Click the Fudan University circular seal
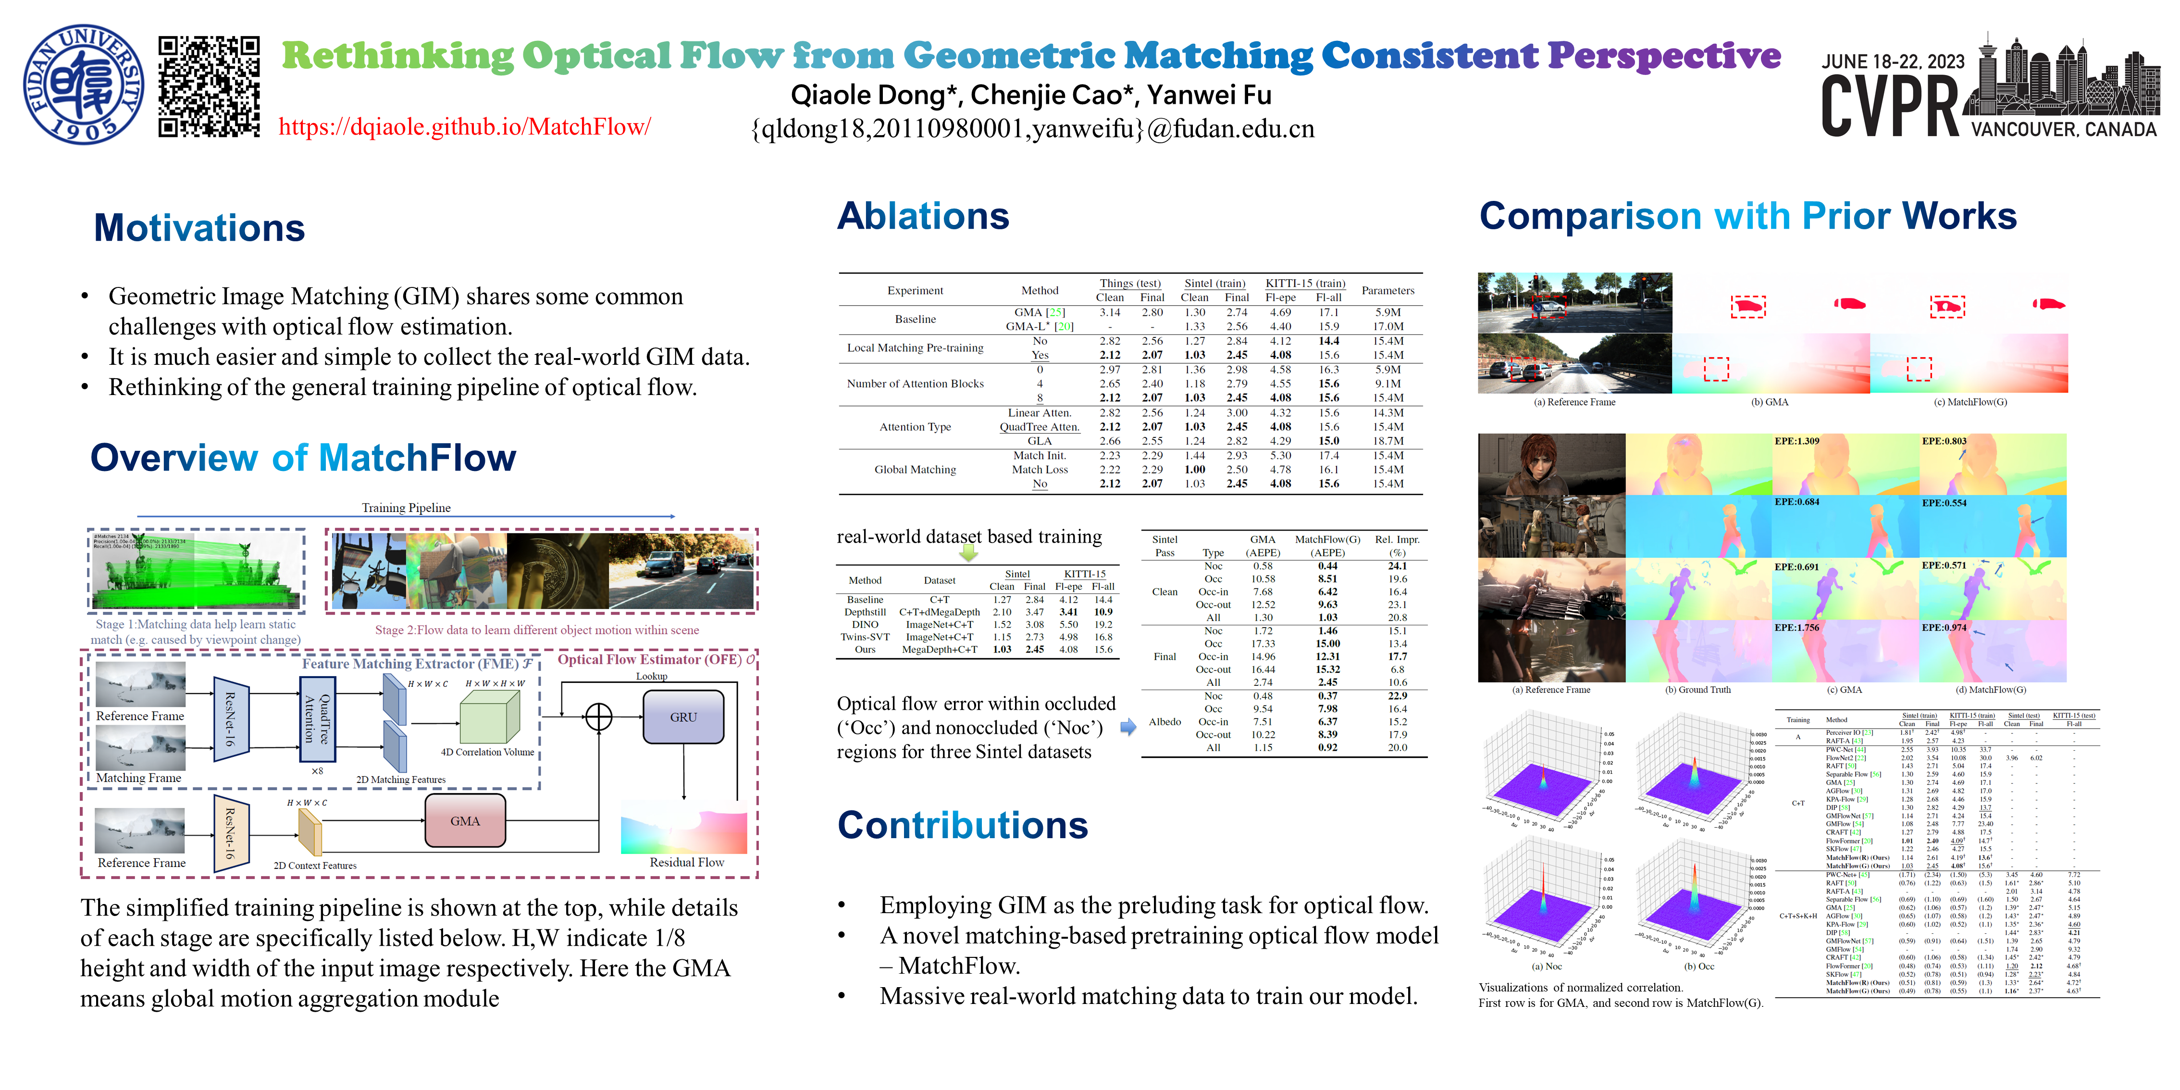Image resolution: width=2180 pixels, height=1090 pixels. pyautogui.click(x=83, y=84)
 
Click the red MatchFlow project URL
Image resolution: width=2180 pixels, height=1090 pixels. pyautogui.click(x=465, y=127)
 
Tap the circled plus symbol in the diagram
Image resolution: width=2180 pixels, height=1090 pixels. pyautogui.click(x=599, y=717)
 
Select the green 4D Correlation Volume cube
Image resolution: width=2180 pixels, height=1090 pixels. pyautogui.click(x=489, y=718)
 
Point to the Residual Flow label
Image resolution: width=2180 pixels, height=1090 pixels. pyautogui.click(x=686, y=862)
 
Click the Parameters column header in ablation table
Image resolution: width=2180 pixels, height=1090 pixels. pyautogui.click(x=1387, y=290)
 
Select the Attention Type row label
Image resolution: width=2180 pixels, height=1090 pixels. pyautogui.click(x=915, y=426)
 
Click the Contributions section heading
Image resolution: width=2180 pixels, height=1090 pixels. pyautogui.click(x=962, y=825)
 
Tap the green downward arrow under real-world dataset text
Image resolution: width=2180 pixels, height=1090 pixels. pyautogui.click(x=968, y=554)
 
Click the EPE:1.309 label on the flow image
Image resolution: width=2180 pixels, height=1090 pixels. pyautogui.click(x=1796, y=441)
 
